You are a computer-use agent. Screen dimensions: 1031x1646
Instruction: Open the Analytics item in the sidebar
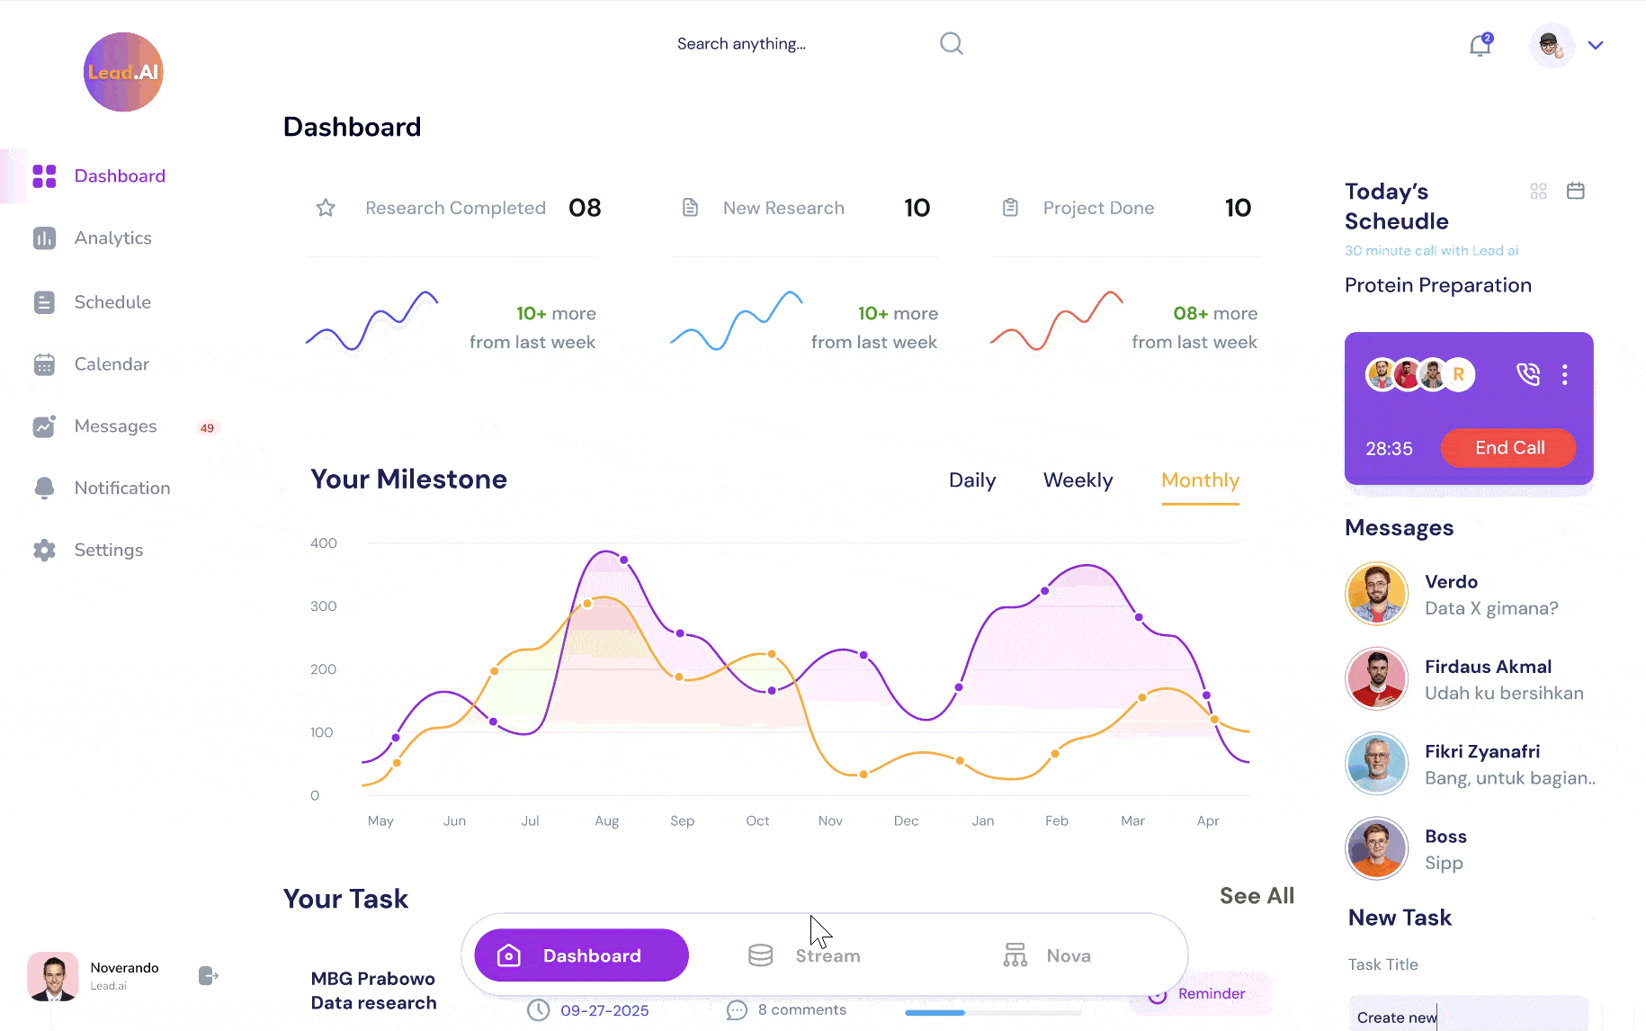pyautogui.click(x=112, y=238)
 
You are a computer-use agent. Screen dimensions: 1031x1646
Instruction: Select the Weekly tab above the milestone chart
pyautogui.click(x=1078, y=480)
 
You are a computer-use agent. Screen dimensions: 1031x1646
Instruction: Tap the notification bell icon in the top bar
pyautogui.click(x=1480, y=45)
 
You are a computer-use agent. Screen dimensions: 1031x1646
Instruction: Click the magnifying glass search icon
pyautogui.click(x=951, y=43)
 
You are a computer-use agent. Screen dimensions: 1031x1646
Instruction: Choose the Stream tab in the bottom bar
pyautogui.click(x=805, y=955)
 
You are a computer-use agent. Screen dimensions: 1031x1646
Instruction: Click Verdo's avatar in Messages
pyautogui.click(x=1375, y=594)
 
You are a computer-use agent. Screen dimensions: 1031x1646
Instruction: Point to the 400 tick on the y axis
pyautogui.click(x=324, y=543)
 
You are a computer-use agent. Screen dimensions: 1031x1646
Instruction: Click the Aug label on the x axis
pyautogui.click(x=607, y=821)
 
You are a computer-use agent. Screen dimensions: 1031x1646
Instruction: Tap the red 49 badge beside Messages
pyautogui.click(x=207, y=428)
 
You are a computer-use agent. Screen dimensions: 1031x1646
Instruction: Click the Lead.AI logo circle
pyautogui.click(x=123, y=72)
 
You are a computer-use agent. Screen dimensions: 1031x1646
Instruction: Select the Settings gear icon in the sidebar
pyautogui.click(x=44, y=551)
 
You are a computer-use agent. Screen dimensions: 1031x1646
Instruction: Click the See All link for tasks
pyautogui.click(x=1257, y=896)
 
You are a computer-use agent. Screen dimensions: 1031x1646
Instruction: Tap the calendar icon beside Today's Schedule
pyautogui.click(x=1575, y=191)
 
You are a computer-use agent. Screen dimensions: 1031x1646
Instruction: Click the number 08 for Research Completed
pyautogui.click(x=585, y=209)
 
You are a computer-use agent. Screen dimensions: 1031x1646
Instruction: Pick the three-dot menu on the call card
pyautogui.click(x=1565, y=374)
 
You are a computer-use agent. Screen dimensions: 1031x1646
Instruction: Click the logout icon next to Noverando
pyautogui.click(x=208, y=976)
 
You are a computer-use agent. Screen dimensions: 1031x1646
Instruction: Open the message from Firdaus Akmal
pyautogui.click(x=1488, y=679)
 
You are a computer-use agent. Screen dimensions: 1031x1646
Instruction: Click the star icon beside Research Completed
pyautogui.click(x=326, y=209)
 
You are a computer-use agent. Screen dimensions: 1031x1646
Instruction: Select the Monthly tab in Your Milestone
pyautogui.click(x=1200, y=480)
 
